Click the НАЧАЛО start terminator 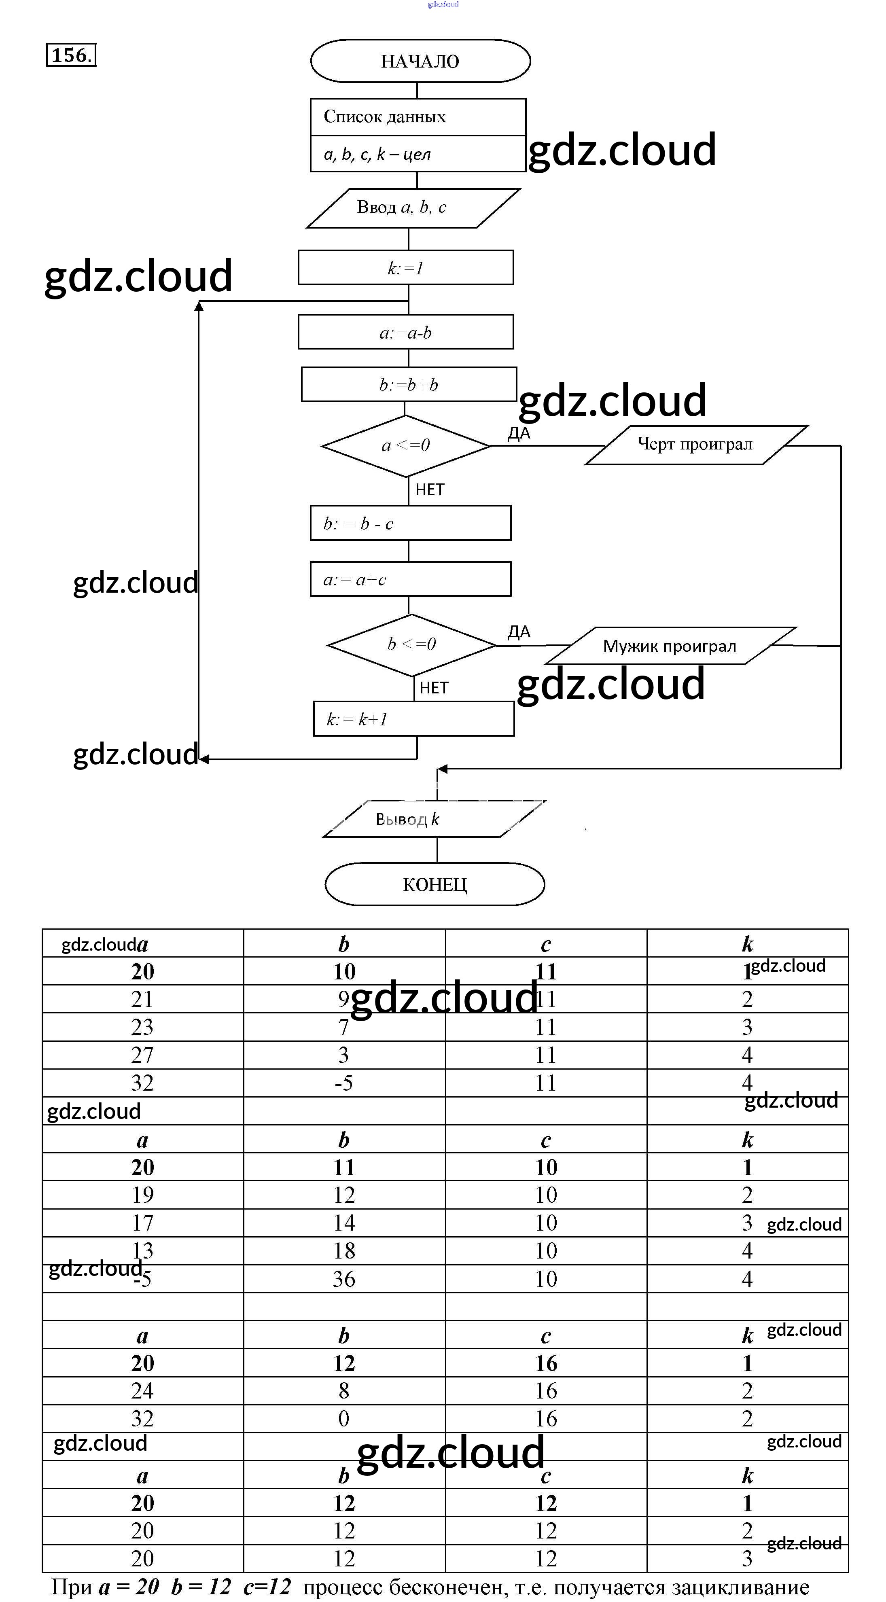click(x=420, y=61)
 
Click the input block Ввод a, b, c click(x=413, y=208)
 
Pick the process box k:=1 click(x=405, y=268)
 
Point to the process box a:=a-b click(x=405, y=332)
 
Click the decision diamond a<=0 click(x=405, y=445)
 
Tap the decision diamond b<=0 click(x=411, y=644)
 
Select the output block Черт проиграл click(x=696, y=445)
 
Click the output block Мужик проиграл click(x=670, y=646)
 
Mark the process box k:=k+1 click(x=413, y=720)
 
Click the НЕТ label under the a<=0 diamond click(x=430, y=490)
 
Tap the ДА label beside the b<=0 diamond click(x=519, y=632)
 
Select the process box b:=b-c click(x=410, y=523)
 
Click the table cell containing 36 click(x=344, y=1279)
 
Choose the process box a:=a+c click(x=410, y=580)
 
